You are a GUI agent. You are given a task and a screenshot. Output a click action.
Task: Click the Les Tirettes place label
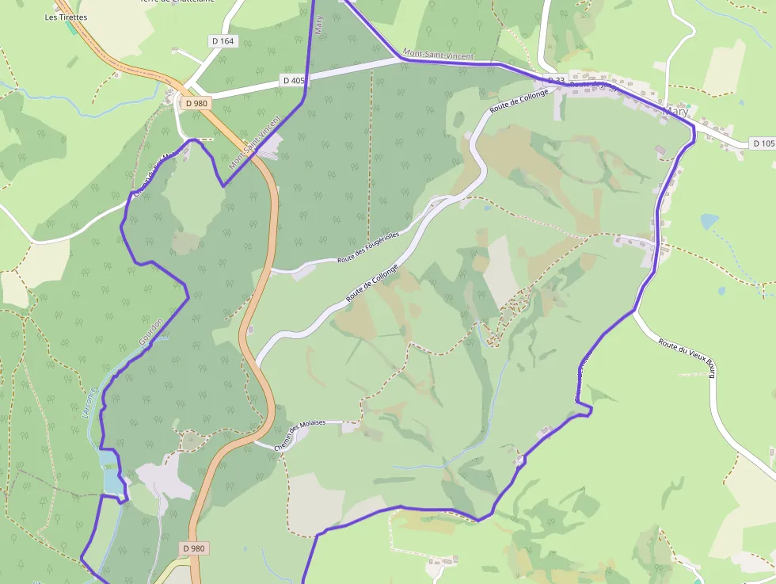point(67,17)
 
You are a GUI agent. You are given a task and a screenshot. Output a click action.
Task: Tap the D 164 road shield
point(224,40)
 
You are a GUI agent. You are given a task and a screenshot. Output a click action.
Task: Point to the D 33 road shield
point(557,81)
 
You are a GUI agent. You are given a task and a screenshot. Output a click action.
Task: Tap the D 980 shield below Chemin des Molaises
point(194,548)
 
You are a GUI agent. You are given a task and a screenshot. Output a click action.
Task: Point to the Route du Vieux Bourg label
point(687,358)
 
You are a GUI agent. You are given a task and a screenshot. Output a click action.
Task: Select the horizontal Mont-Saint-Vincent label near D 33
point(438,55)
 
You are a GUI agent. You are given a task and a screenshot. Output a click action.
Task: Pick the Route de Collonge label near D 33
point(519,101)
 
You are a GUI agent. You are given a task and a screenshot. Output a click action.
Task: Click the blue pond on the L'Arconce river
point(110,471)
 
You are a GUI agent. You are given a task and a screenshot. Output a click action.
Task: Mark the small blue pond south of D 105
point(708,221)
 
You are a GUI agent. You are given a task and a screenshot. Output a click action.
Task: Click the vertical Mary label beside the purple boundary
point(319,25)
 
